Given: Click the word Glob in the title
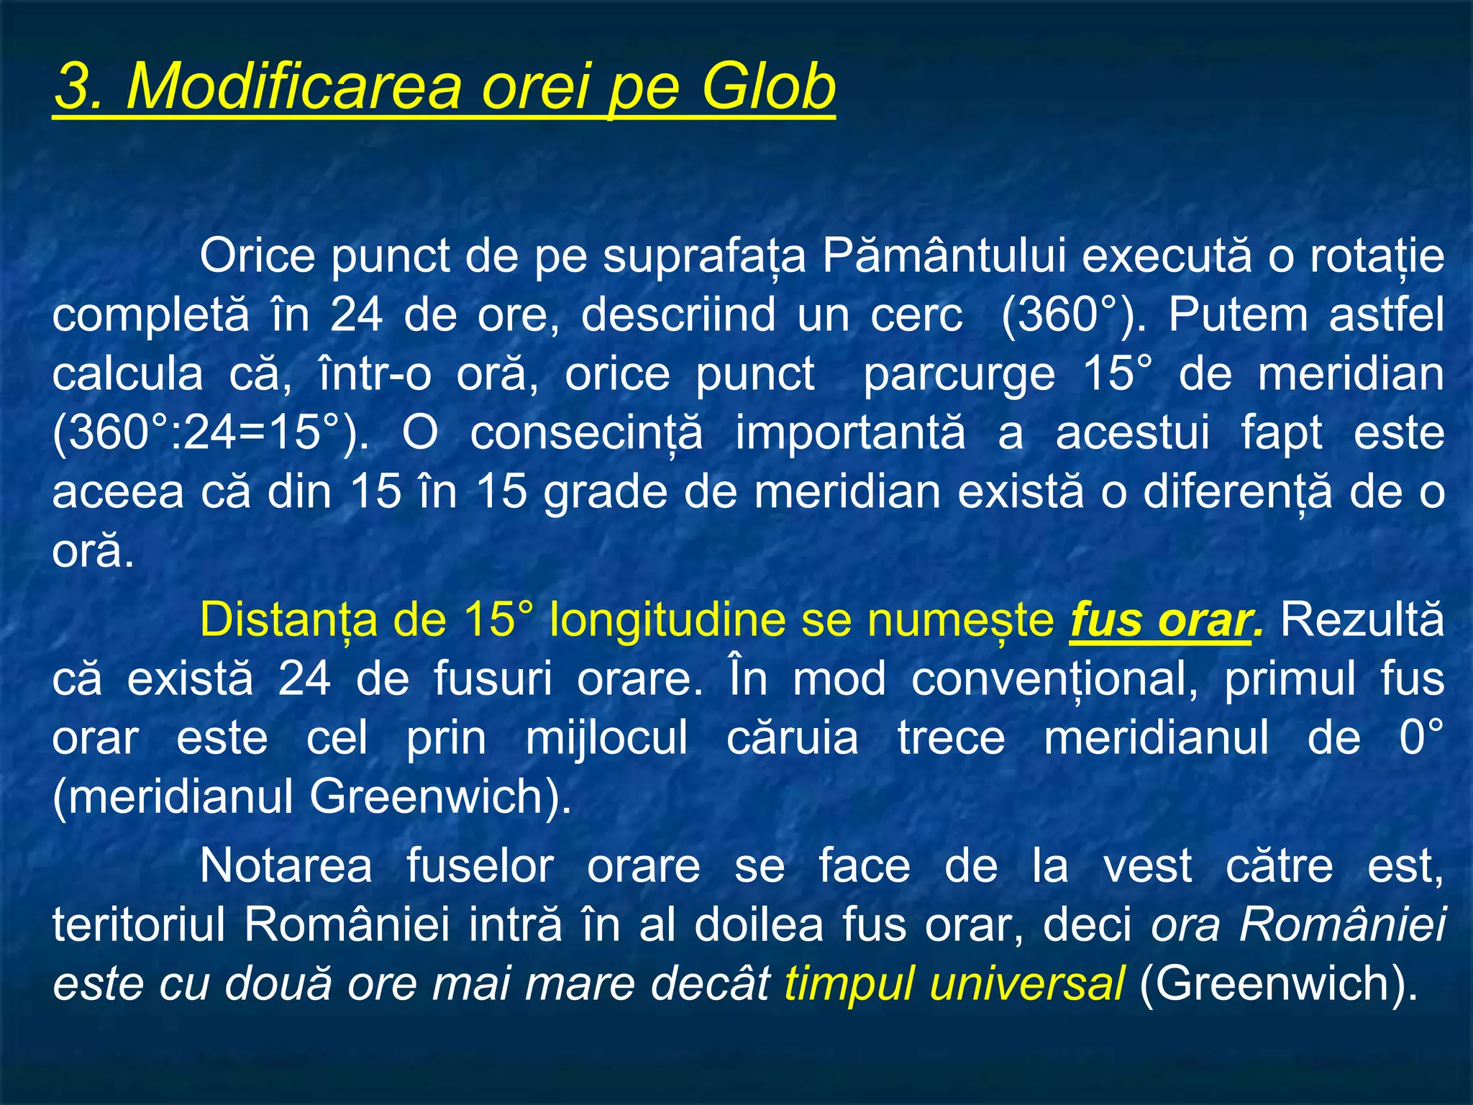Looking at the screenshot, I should (x=767, y=86).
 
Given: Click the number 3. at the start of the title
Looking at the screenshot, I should (x=81, y=86).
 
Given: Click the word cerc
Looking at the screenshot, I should (x=916, y=315).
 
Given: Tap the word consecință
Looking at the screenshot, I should (x=586, y=434).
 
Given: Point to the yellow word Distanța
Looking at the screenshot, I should (x=288, y=620).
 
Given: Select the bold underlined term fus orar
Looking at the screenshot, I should (x=1159, y=620).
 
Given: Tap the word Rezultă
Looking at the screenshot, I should (x=1362, y=620).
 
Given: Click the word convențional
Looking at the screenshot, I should (x=1054, y=680).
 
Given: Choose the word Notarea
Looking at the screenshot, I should (x=286, y=865).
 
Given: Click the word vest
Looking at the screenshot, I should (x=1148, y=865).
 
